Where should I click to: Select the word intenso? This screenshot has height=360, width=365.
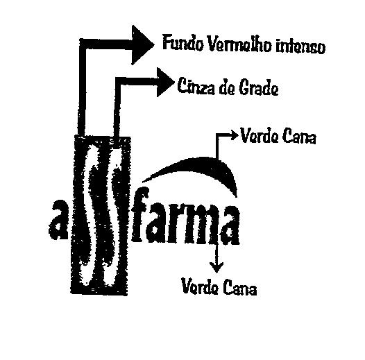tap(300, 47)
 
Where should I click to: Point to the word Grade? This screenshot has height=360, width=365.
tap(259, 88)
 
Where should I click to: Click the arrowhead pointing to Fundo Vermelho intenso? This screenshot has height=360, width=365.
tap(142, 44)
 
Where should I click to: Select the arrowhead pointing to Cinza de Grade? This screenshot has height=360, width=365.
tap(165, 82)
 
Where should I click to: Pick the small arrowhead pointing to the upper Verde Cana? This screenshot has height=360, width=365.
tap(234, 135)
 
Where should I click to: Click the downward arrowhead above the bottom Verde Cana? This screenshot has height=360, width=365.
tap(217, 267)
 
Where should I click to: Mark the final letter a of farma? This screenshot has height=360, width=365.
tap(226, 224)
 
